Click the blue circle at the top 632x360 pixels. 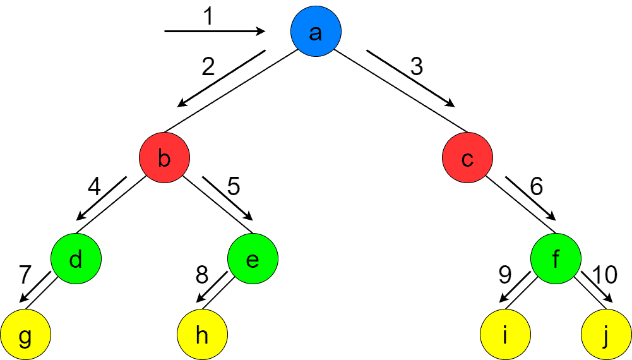[316, 32]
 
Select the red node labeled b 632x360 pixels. [164, 158]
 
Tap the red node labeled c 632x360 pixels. [467, 158]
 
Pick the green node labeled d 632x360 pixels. [76, 259]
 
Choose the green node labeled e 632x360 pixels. [253, 259]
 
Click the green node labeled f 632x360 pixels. [556, 259]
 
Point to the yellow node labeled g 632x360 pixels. [25, 335]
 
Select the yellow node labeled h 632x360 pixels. [202, 335]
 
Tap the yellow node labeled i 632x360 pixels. [505, 335]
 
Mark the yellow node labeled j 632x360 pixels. [606, 335]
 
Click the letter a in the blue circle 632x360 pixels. [316, 33]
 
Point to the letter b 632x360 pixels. [164, 159]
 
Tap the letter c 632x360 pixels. [467, 160]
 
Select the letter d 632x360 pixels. [76, 259]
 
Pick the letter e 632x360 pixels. [253, 260]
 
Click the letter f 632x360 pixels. [556, 258]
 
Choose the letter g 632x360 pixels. [25, 337]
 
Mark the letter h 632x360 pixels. [202, 335]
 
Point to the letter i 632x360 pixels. [505, 335]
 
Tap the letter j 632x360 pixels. [605, 337]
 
